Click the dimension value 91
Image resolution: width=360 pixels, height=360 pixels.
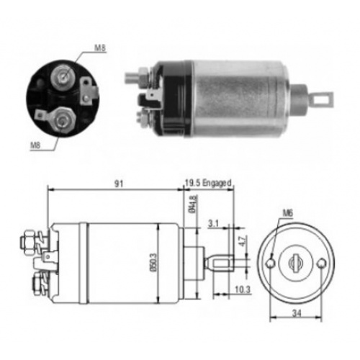(x=120, y=184)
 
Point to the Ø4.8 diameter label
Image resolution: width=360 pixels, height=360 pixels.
(x=190, y=208)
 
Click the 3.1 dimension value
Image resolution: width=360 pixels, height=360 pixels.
(x=213, y=225)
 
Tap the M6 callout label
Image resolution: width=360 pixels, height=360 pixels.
(x=288, y=213)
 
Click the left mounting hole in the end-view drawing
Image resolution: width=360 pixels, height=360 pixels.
(x=271, y=263)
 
